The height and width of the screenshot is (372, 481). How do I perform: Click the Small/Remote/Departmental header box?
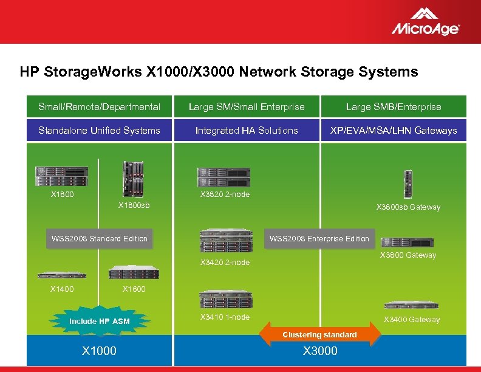point(99,107)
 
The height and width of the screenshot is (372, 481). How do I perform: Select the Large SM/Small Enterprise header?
point(247,107)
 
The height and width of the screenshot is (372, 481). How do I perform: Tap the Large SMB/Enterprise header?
point(394,107)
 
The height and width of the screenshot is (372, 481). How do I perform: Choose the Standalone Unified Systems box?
point(99,130)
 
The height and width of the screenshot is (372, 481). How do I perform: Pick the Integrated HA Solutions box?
point(247,130)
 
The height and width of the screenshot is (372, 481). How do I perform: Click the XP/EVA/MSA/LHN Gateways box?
point(394,130)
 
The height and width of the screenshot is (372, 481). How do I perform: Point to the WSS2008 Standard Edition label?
point(100,238)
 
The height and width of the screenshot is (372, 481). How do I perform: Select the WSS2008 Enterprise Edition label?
point(319,238)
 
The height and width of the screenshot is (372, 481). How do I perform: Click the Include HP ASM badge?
point(100,321)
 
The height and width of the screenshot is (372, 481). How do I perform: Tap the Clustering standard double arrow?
point(319,334)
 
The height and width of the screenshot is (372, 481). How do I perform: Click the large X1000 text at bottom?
point(100,351)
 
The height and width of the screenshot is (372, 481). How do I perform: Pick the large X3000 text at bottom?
point(320,351)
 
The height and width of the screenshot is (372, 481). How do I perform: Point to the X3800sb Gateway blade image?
point(408,184)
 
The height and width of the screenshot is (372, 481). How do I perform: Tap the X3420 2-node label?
point(225,263)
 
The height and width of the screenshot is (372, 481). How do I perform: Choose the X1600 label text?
point(134,289)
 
